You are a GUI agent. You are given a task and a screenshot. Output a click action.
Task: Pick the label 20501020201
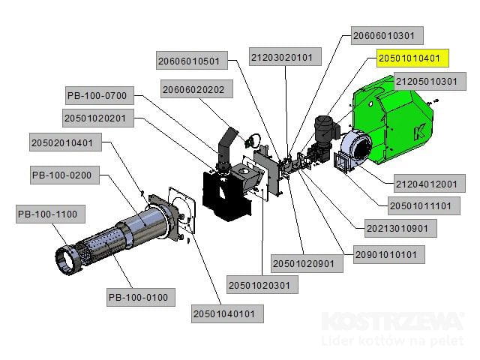point(99,118)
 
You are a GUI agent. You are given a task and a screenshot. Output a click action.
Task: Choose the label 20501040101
point(229,313)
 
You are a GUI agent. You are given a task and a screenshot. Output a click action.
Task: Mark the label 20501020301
point(262,285)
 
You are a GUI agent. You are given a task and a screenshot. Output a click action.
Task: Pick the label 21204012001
point(425,183)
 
